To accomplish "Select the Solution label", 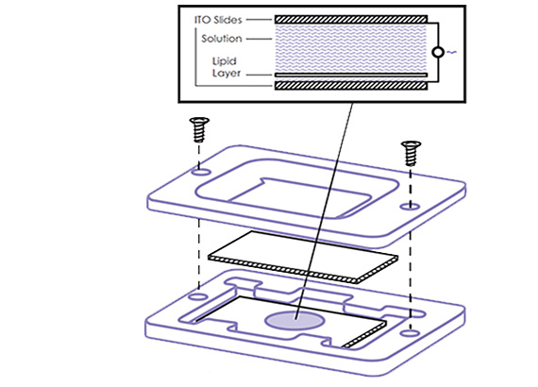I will pyautogui.click(x=222, y=39).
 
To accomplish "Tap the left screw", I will pyautogui.click(x=199, y=129).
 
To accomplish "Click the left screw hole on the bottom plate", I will pyautogui.click(x=196, y=295).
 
